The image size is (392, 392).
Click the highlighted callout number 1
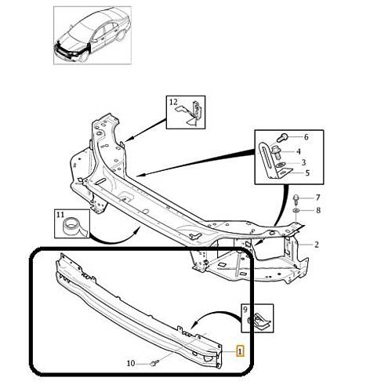coord(240,351)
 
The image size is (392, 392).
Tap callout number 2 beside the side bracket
coord(317,245)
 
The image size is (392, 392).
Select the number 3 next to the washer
coord(303,162)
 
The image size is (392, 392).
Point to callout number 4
coord(298,151)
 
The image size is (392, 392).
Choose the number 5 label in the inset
coord(307,172)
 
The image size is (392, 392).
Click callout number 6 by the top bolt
coord(306,136)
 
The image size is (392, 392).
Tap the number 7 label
coord(318,198)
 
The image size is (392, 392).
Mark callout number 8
coord(318,210)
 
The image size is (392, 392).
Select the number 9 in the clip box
coord(245,310)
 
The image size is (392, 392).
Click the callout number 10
coord(131,363)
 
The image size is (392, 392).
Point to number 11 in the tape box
coord(60,215)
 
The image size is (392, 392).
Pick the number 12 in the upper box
coord(173,102)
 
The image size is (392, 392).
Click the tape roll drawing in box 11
coord(74,227)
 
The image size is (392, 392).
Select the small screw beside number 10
coord(155,363)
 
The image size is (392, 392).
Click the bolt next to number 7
coord(296,199)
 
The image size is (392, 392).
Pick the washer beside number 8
coord(296,210)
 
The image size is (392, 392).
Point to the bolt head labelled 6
coord(282,137)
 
